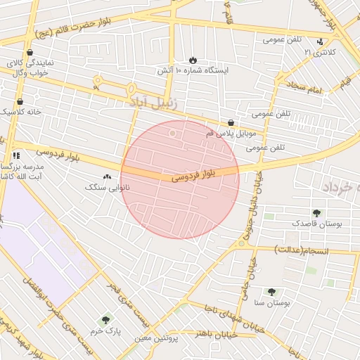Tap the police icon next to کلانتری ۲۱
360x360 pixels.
[321, 41]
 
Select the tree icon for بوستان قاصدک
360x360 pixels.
[316, 212]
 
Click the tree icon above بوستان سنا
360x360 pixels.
[271, 291]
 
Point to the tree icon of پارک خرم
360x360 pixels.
[105, 319]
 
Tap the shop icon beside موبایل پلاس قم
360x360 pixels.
[231, 123]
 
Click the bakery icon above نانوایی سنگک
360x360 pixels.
[107, 177]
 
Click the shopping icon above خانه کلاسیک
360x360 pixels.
[20, 101]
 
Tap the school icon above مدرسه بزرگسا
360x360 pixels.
[16, 155]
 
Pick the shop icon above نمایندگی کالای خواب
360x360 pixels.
[29, 52]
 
